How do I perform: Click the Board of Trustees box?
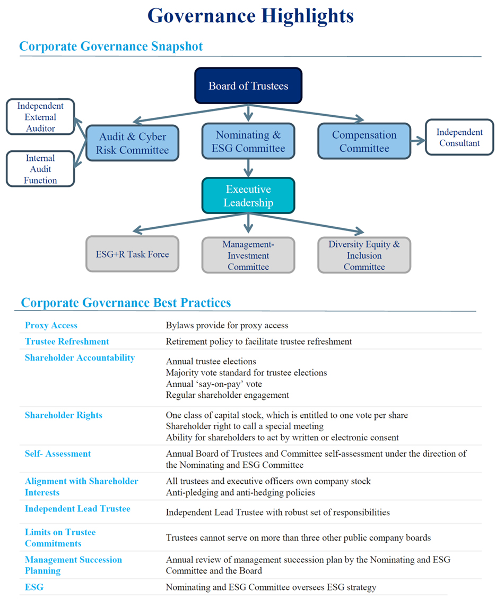(x=248, y=86)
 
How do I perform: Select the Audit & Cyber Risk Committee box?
(x=132, y=143)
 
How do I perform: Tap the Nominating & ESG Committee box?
(x=248, y=142)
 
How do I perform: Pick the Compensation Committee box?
(x=364, y=142)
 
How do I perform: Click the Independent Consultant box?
(x=459, y=138)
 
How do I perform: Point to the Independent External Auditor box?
(x=40, y=117)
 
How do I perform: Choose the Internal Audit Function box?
(x=40, y=169)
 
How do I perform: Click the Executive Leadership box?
(x=248, y=196)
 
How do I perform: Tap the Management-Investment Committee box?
(x=248, y=255)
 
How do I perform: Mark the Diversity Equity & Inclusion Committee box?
(x=364, y=255)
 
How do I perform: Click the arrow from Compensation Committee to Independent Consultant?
(x=418, y=141)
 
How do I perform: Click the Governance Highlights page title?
(x=250, y=15)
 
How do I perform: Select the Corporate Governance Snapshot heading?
(x=111, y=46)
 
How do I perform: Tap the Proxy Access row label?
(x=51, y=326)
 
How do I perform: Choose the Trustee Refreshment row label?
(x=67, y=341)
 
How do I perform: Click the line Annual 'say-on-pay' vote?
(x=214, y=383)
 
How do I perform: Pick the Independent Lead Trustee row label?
(x=77, y=509)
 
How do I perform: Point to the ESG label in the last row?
(x=34, y=587)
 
